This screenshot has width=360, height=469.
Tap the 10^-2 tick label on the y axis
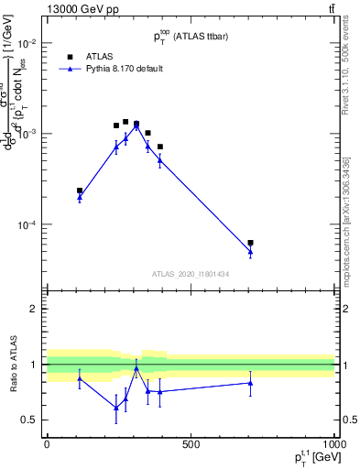28,44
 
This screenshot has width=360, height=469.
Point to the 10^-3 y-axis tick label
28,134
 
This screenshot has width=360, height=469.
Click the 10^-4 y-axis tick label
28,224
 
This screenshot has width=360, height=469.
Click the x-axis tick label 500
191,444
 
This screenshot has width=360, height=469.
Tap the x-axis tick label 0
47,444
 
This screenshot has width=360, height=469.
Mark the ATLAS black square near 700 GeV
250,243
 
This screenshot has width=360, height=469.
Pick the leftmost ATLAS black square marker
80,191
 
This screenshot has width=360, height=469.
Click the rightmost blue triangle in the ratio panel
250,383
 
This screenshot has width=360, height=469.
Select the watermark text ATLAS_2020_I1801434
191,274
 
